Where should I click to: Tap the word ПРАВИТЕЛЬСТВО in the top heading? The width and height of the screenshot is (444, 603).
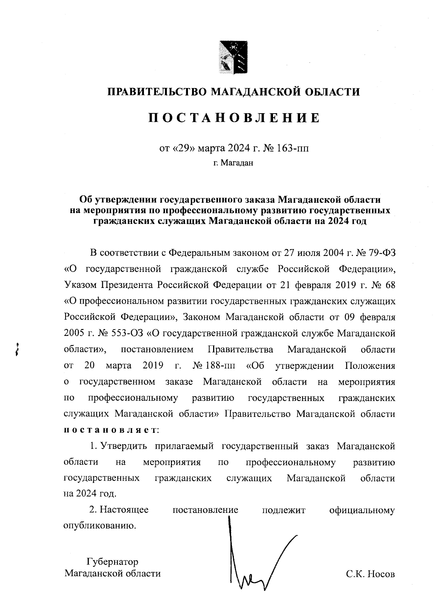click(155, 91)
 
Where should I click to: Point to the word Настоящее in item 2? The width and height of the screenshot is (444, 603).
click(125, 510)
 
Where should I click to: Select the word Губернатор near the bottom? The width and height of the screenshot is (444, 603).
click(112, 562)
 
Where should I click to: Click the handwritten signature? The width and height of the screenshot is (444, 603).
click(255, 562)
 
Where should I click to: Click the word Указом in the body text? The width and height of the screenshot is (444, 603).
click(80, 285)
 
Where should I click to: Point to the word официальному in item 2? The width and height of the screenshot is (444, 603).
click(362, 510)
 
